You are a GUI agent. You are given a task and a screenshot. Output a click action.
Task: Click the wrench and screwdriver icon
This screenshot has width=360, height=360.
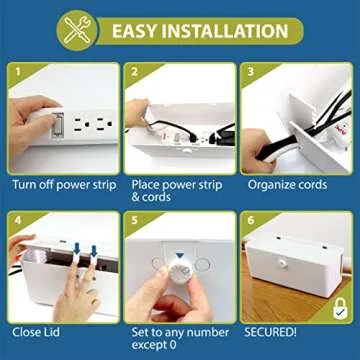[x=75, y=29]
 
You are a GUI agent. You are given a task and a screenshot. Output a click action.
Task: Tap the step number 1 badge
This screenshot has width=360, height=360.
[x=17, y=72]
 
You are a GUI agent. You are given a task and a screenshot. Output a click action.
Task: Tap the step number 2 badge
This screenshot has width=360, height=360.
[x=133, y=72]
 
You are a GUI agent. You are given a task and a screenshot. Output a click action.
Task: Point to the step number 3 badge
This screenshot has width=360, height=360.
[x=249, y=72]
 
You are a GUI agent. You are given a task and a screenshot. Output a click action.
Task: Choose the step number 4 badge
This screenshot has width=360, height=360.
[x=17, y=218]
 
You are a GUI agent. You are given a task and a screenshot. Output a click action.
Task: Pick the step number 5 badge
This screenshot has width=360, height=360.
[x=133, y=218]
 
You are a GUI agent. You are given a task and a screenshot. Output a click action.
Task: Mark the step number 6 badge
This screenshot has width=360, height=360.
[x=249, y=218]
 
